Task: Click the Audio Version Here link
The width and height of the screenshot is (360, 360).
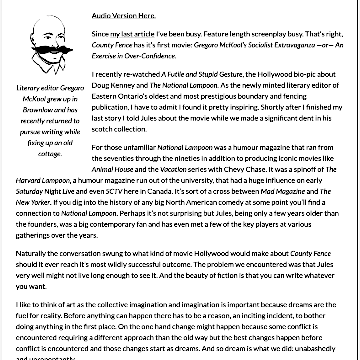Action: [x=124, y=16]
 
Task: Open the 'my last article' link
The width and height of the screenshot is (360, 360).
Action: [x=132, y=34]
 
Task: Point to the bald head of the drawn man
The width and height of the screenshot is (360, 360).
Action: [x=49, y=25]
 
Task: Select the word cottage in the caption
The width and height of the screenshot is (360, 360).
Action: [x=50, y=154]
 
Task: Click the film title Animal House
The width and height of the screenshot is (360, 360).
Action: [x=112, y=169]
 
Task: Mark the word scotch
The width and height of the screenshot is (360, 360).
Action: [x=102, y=129]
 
